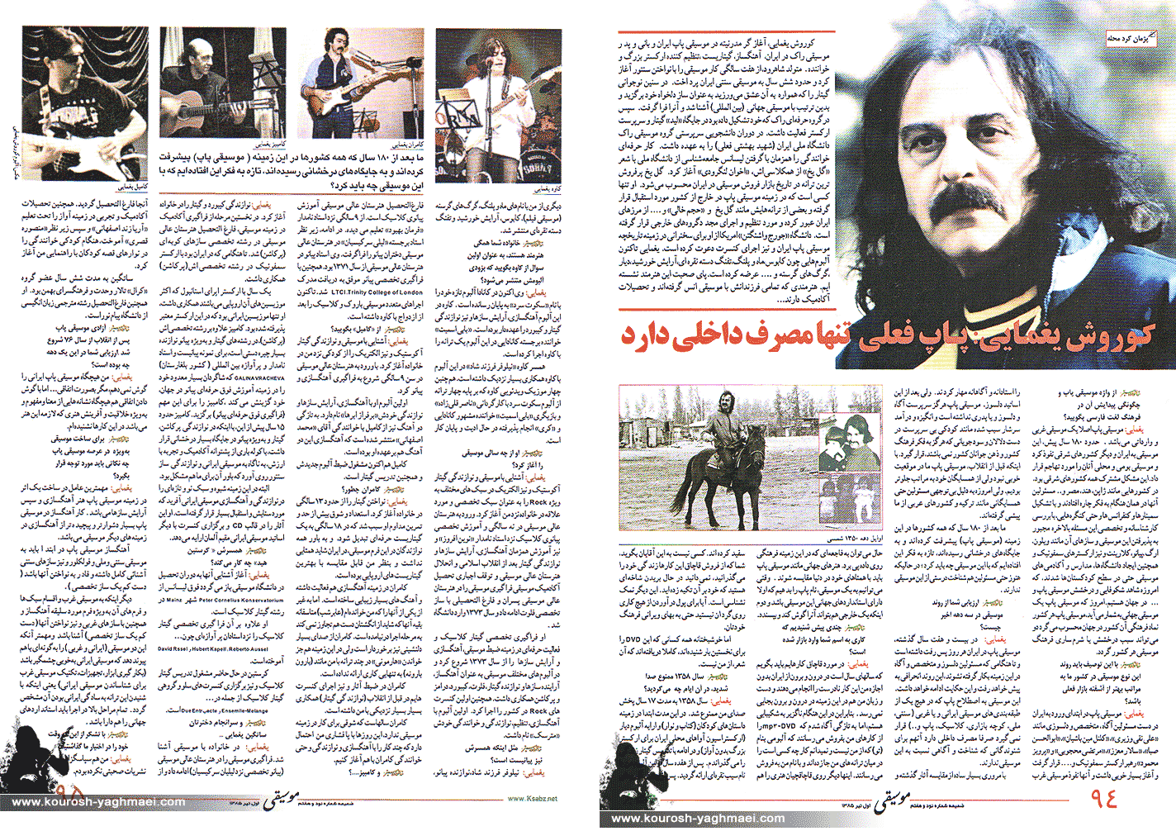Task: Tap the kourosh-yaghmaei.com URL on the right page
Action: (x=697, y=819)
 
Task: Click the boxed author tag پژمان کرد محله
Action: (x=1131, y=39)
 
